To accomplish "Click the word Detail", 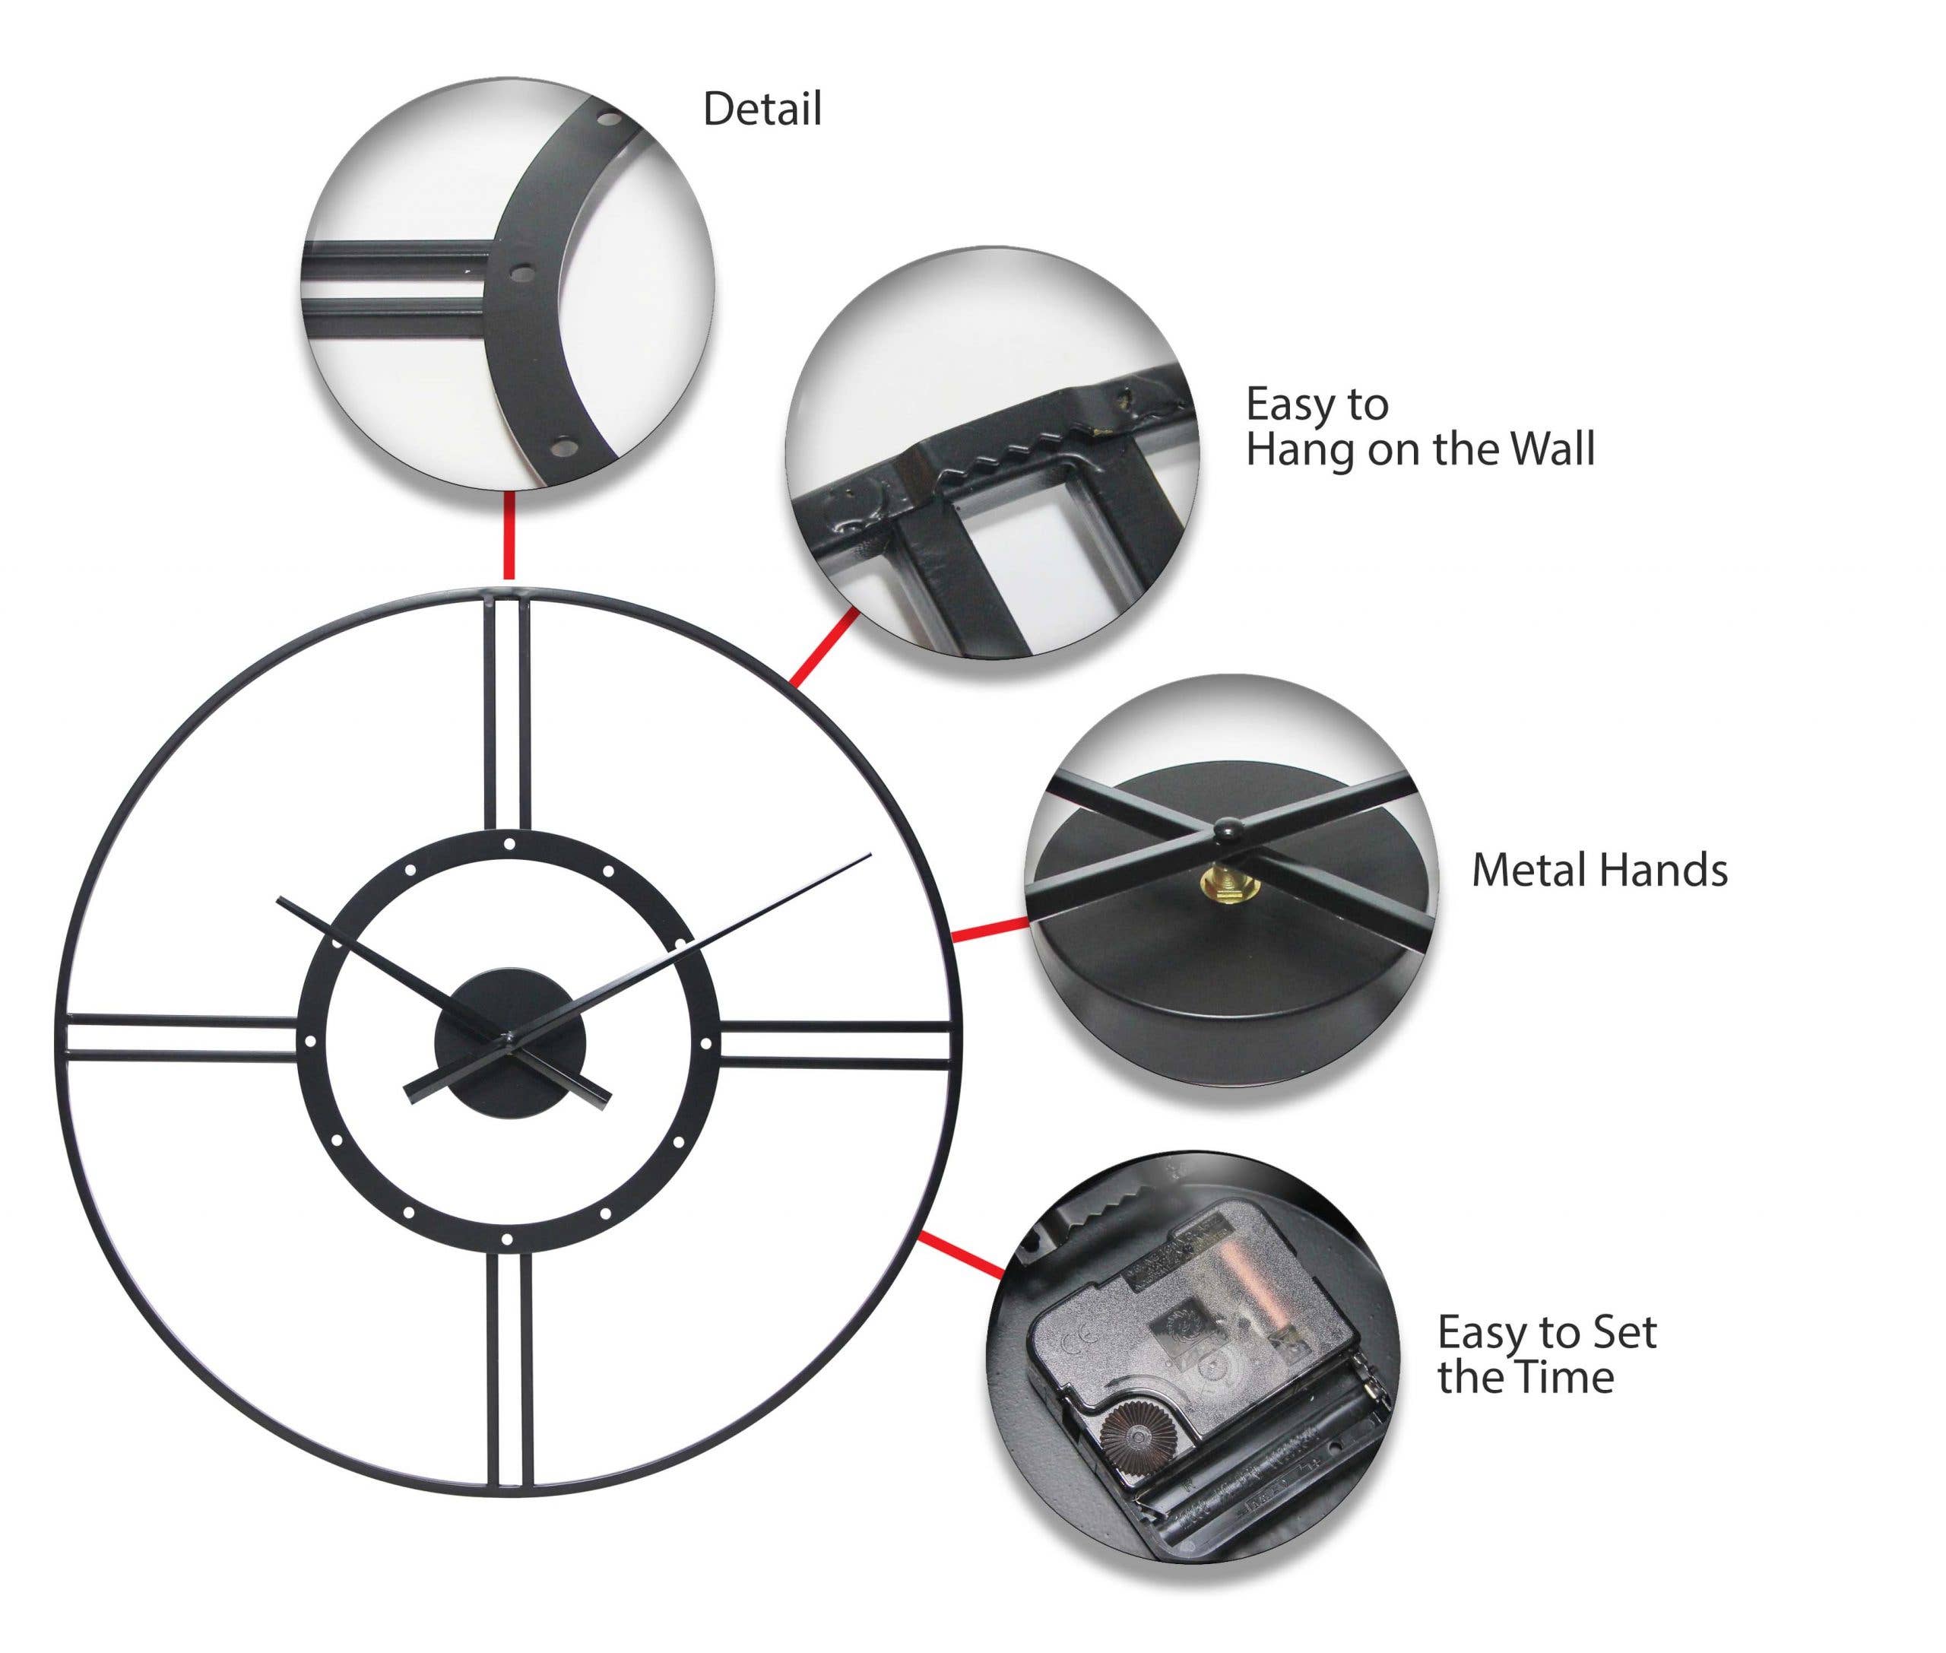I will pyautogui.click(x=762, y=109).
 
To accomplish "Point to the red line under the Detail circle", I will pyautogui.click(x=509, y=536).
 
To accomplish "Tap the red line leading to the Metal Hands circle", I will pyautogui.click(x=990, y=930).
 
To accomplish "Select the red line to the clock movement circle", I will pyautogui.click(x=960, y=1254).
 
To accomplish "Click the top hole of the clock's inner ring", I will pyautogui.click(x=509, y=844).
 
